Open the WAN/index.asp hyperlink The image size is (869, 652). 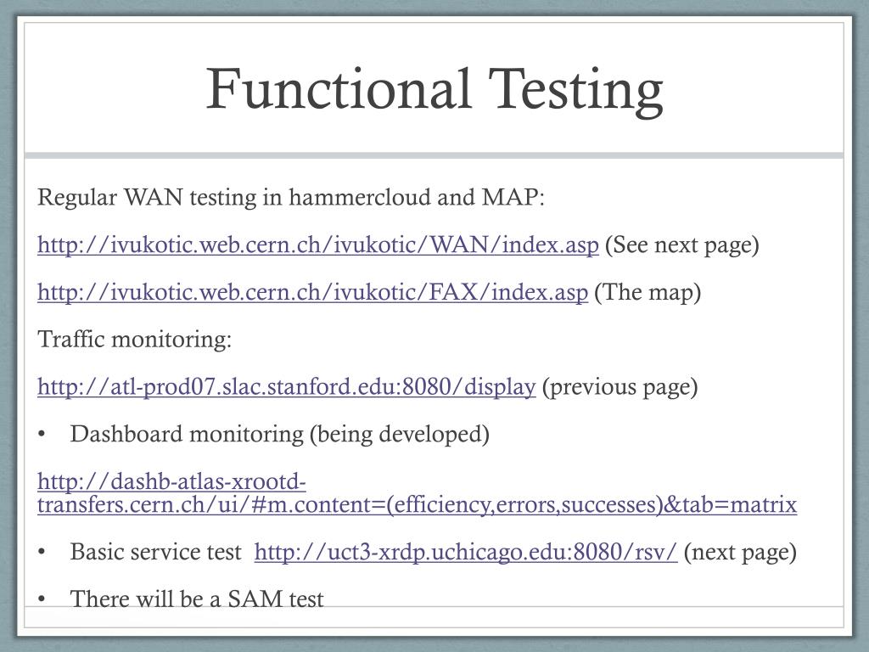(x=318, y=245)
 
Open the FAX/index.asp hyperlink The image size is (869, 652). (x=312, y=293)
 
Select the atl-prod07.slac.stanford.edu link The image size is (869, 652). (x=286, y=387)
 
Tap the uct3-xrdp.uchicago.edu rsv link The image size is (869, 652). (x=465, y=553)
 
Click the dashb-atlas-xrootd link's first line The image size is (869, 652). (x=171, y=483)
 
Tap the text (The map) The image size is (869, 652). (x=648, y=293)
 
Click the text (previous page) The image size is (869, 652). (x=620, y=387)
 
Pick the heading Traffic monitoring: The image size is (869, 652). (x=135, y=340)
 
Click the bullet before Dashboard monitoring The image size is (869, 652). (x=42, y=435)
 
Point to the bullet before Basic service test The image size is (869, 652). (x=42, y=553)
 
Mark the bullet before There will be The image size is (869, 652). (x=42, y=599)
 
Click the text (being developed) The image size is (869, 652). (x=399, y=435)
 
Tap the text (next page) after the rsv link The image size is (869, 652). (x=740, y=553)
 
